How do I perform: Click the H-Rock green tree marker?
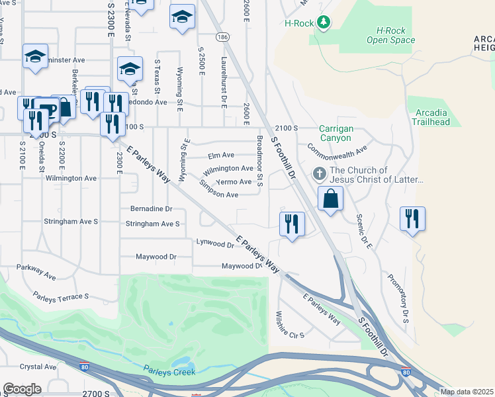323,23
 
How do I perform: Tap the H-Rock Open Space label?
391,35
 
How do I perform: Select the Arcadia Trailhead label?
430,117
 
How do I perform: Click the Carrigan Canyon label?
336,132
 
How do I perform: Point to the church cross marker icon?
319,175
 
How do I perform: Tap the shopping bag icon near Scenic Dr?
330,198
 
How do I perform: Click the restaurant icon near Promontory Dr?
412,218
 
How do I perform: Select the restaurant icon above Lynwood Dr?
292,224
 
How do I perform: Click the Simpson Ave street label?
218,195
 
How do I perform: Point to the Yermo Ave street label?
234,181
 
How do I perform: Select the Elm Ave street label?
221,155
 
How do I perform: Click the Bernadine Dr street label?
151,208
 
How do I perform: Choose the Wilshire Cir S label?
289,324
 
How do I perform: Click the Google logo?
22,389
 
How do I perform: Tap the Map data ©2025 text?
467,392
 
